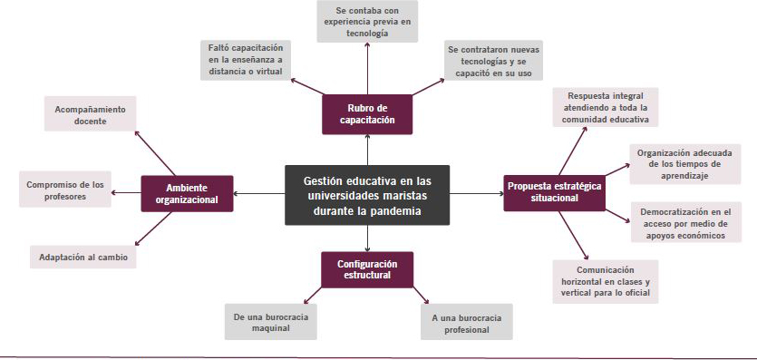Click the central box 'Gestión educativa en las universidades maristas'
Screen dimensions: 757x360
[x=367, y=195]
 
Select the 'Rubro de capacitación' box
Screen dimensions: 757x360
[x=367, y=114]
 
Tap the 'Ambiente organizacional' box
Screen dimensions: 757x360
[x=187, y=193]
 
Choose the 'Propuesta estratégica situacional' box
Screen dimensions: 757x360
[x=554, y=192]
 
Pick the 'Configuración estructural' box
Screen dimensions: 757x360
[x=367, y=269]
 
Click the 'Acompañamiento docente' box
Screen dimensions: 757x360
[x=91, y=113]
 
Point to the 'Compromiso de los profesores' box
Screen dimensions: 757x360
[x=65, y=190]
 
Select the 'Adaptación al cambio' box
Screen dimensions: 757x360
[x=83, y=258]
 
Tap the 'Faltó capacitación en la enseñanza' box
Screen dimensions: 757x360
[x=246, y=60]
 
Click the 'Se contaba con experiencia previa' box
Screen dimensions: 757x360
[x=367, y=21]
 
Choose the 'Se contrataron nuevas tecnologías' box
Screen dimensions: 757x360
[x=493, y=60]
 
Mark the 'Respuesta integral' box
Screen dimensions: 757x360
[x=606, y=107]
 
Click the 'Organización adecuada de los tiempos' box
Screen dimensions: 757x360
[x=685, y=164]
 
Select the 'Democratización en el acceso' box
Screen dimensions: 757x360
[x=686, y=222]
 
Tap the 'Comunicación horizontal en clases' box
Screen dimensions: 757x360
[x=606, y=282]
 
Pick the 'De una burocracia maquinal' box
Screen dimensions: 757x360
[x=270, y=322]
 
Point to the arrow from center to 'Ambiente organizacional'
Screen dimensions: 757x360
[x=259, y=194]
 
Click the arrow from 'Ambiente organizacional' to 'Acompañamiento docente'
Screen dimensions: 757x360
[x=154, y=152]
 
